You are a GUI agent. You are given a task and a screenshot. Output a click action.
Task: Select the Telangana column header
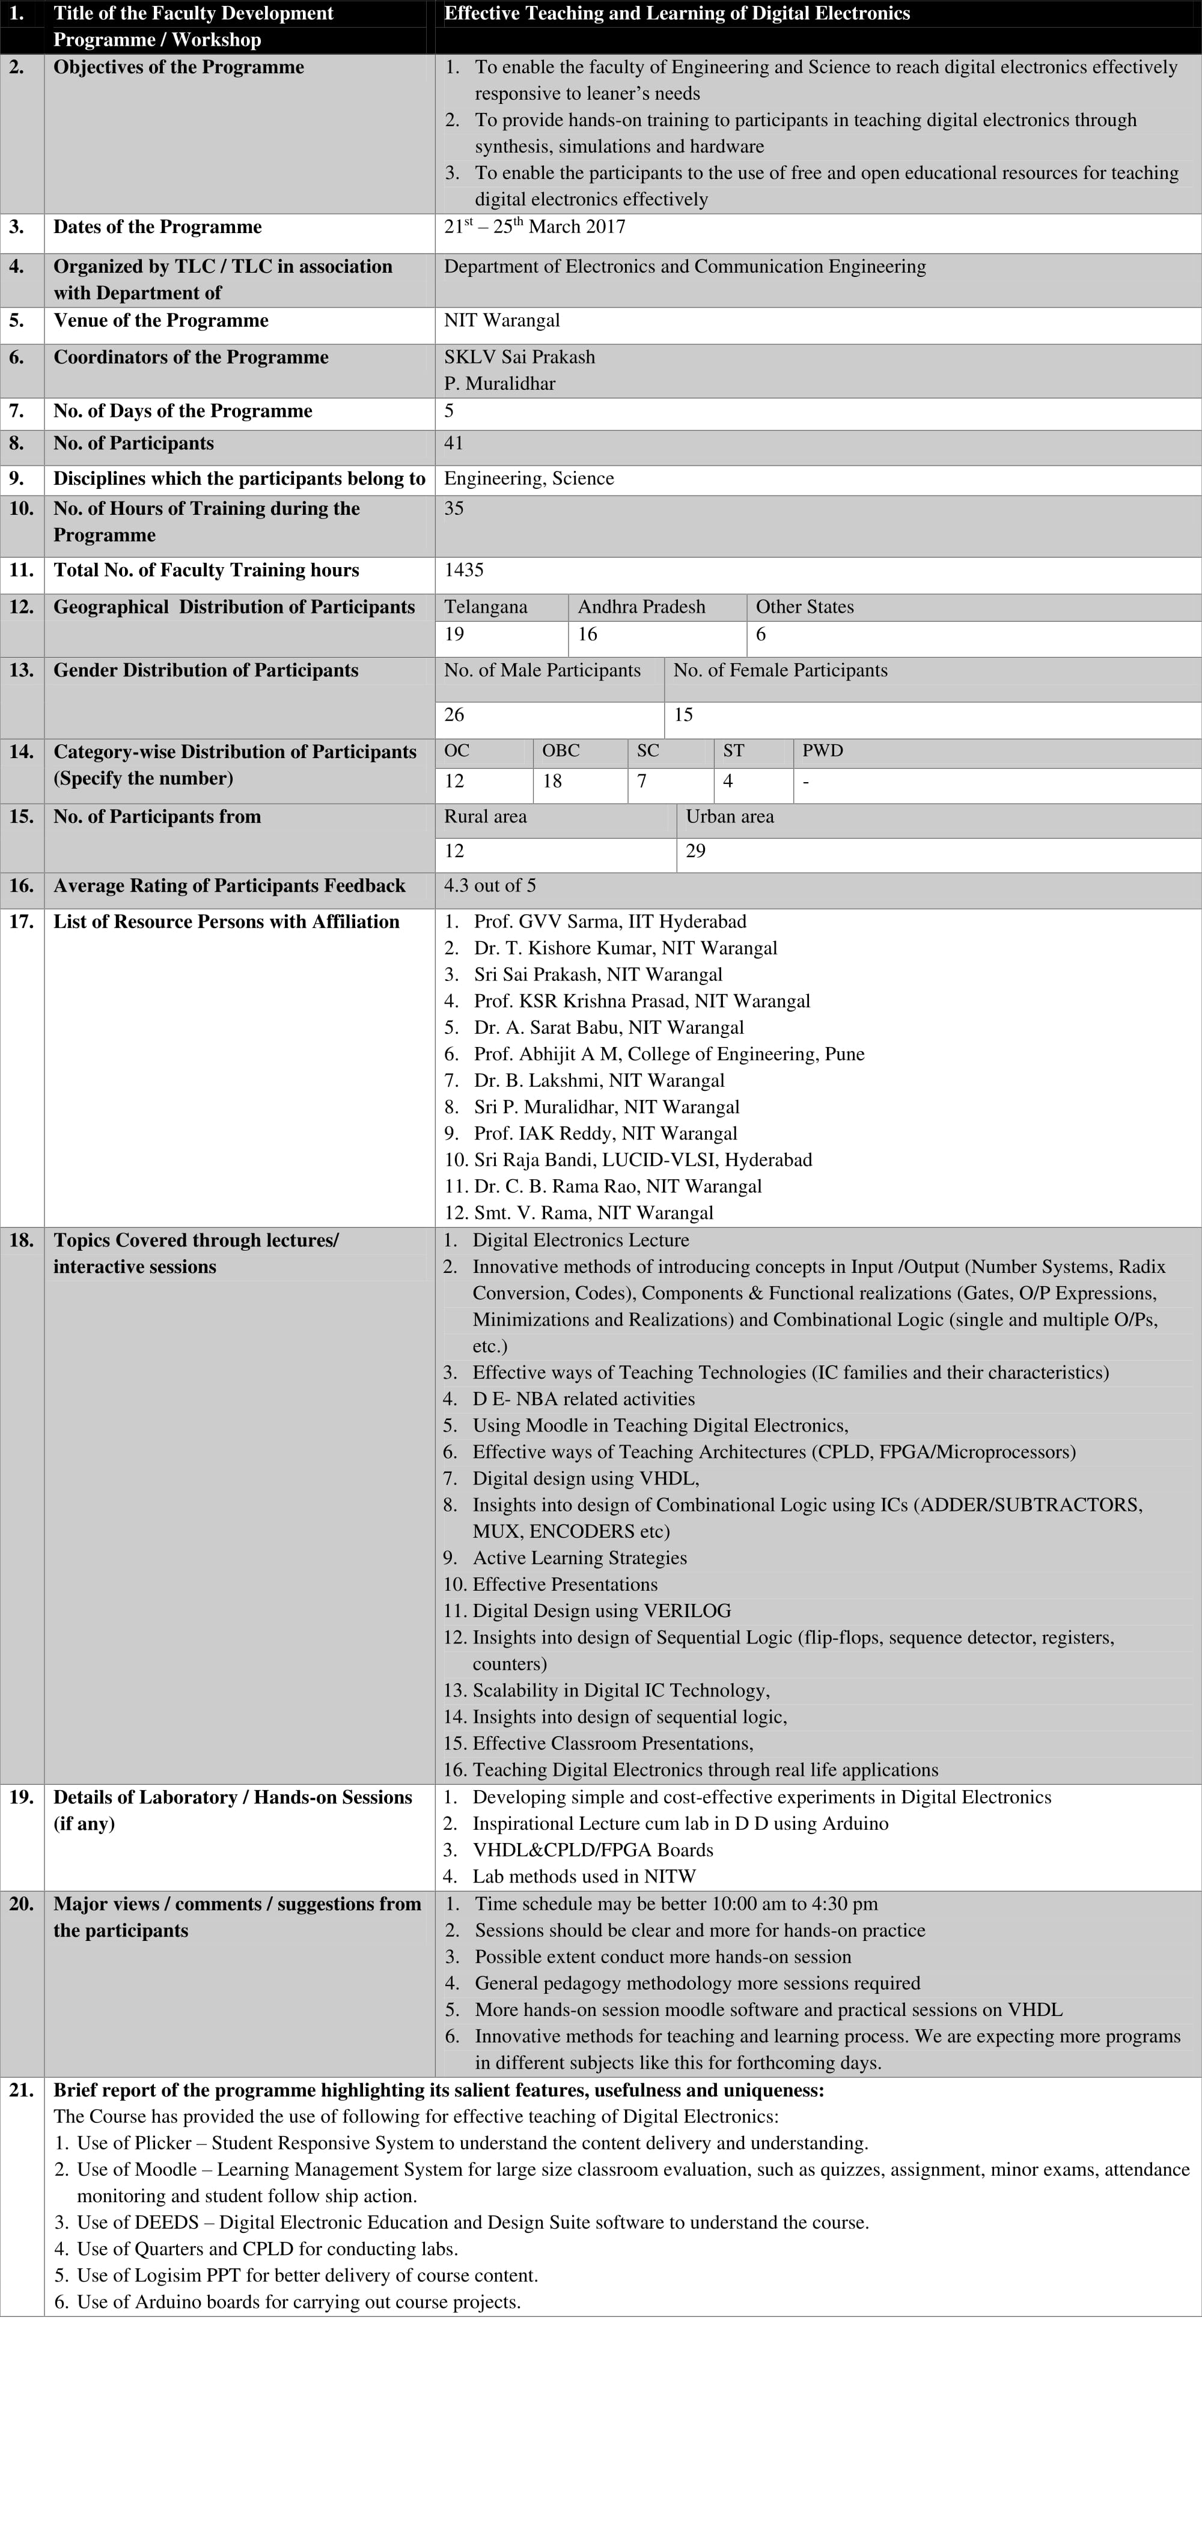(x=485, y=607)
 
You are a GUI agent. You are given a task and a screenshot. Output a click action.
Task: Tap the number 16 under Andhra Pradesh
(x=588, y=635)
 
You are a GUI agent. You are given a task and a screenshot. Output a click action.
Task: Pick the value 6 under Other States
(x=761, y=635)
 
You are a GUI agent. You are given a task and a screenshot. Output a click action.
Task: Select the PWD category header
(x=822, y=751)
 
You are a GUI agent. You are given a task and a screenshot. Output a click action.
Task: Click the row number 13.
(x=22, y=671)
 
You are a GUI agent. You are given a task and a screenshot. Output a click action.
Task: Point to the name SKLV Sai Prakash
(x=519, y=357)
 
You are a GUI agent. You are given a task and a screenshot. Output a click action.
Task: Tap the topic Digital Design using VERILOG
(x=602, y=1611)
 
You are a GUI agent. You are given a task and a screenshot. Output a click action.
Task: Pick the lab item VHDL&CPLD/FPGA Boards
(x=593, y=1850)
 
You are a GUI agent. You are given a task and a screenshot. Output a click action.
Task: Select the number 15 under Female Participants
(x=683, y=715)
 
